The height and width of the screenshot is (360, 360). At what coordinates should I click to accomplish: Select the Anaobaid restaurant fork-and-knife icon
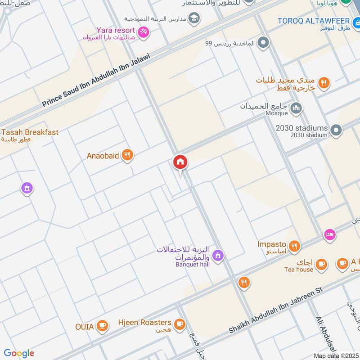tap(128, 155)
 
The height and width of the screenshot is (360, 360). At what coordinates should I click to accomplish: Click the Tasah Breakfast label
tap(30, 132)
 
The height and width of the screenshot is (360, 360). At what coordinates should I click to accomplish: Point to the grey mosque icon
tap(296, 108)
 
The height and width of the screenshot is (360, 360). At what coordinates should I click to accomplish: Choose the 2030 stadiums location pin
tap(335, 130)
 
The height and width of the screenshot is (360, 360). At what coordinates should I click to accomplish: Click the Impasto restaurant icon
tap(294, 245)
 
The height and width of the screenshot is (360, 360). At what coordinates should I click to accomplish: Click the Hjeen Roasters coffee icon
tap(180, 323)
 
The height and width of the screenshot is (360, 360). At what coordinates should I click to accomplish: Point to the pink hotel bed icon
tap(329, 235)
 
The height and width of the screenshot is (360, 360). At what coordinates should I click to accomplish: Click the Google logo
tap(19, 353)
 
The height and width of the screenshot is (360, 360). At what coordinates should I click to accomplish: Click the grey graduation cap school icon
tap(194, 18)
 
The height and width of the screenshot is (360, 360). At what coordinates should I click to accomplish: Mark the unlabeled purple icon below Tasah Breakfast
tap(27, 188)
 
